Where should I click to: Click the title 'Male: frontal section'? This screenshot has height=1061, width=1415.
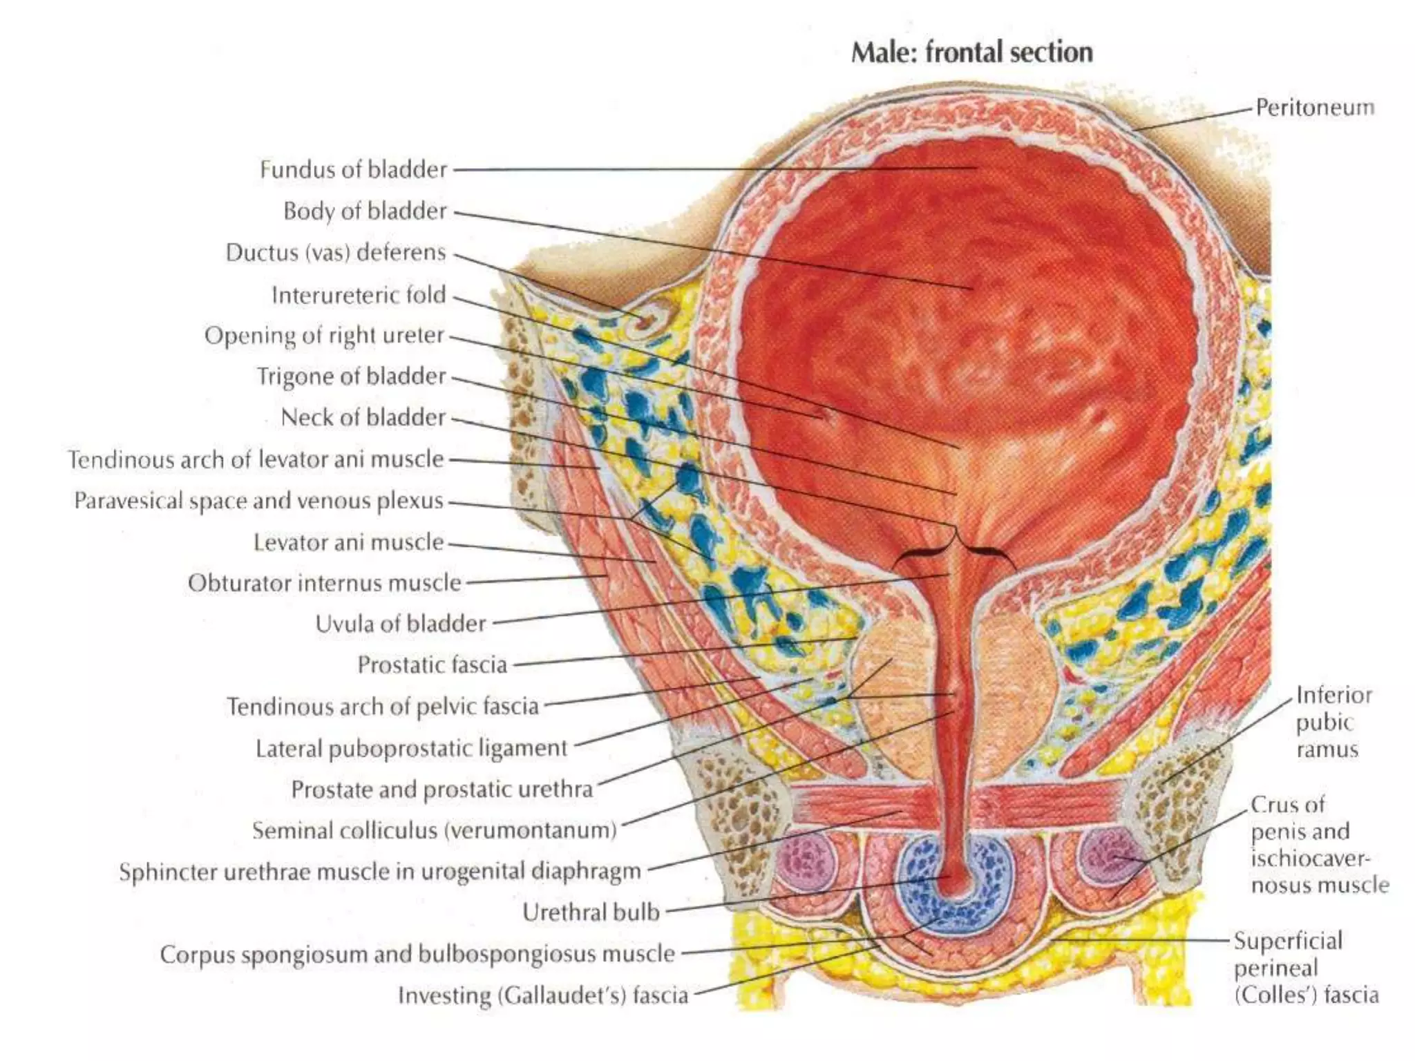click(971, 52)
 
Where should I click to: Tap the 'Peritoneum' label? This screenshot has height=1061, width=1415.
click(1315, 108)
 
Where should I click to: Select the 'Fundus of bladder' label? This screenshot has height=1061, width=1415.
click(353, 169)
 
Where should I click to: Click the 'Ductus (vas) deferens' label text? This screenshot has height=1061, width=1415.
click(336, 253)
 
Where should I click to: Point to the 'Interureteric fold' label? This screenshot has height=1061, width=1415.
click(359, 295)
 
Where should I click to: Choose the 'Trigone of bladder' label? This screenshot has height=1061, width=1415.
click(351, 376)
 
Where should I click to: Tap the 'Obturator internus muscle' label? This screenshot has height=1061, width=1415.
click(324, 583)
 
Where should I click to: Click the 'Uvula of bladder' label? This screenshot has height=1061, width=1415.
click(401, 624)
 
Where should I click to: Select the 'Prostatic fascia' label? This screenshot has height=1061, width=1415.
click(432, 665)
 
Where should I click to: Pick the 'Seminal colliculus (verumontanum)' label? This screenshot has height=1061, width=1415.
click(434, 830)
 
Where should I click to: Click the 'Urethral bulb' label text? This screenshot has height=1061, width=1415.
click(591, 912)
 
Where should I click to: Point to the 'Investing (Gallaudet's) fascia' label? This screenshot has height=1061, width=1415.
click(543, 995)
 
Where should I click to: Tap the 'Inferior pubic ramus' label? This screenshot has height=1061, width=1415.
click(1333, 722)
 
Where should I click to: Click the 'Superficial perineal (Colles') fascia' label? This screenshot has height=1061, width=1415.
click(1306, 968)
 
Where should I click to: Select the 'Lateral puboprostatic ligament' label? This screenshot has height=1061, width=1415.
click(411, 748)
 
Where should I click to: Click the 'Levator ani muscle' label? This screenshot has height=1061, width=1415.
click(348, 542)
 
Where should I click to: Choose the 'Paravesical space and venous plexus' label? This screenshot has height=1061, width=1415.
click(258, 501)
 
